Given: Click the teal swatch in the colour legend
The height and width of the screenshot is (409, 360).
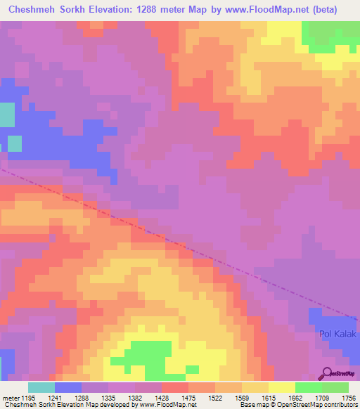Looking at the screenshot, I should pos(41,387).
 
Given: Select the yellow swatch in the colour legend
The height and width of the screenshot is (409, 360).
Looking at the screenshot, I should pos(282,387).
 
